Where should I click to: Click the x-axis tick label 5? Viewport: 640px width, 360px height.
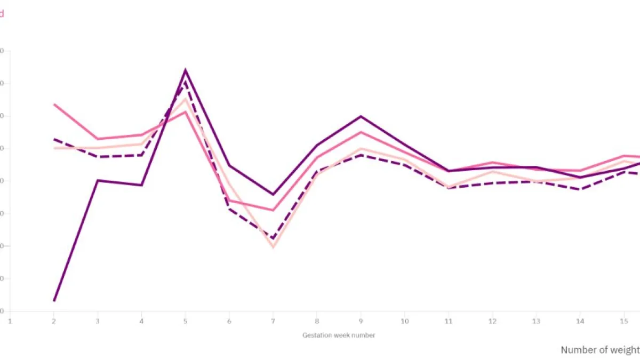tap(185, 321)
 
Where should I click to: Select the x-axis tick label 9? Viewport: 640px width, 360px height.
tap(361, 321)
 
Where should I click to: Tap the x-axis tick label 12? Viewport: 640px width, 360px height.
tap(492, 321)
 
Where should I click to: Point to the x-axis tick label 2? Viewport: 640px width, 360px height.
tap(53, 321)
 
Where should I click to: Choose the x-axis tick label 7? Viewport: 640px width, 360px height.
tap(273, 321)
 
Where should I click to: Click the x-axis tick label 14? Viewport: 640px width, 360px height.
tap(580, 321)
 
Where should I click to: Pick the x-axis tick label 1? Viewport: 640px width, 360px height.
tap(10, 321)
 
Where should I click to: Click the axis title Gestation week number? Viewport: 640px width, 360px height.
tap(339, 335)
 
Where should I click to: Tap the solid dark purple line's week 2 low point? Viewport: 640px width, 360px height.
tap(54, 301)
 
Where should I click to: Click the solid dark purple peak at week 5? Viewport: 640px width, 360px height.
tap(185, 70)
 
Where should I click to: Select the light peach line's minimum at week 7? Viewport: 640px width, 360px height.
tap(273, 247)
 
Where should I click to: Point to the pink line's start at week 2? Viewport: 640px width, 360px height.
tap(54, 105)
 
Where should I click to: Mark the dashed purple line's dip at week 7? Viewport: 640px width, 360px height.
tap(273, 238)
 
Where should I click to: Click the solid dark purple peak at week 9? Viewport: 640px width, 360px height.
tap(361, 116)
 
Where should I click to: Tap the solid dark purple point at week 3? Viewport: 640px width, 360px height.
tap(98, 180)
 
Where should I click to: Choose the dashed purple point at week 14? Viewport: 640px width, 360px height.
tap(580, 189)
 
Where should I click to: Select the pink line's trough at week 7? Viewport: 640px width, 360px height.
tap(273, 210)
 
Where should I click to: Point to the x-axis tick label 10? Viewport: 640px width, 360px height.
tap(405, 321)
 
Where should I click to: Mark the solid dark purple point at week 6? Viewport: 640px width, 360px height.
tap(229, 166)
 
